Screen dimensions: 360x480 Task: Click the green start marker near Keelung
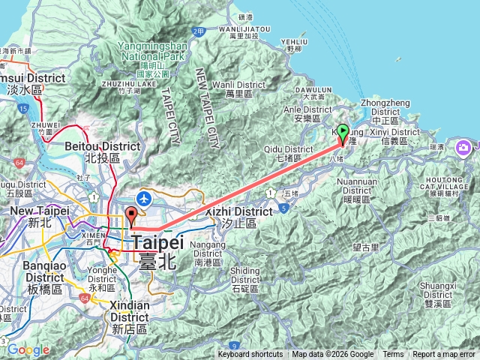(x=343, y=133)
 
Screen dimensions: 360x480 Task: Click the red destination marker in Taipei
(x=132, y=215)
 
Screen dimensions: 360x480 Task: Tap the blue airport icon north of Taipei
(x=144, y=198)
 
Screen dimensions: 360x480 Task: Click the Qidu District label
(x=282, y=154)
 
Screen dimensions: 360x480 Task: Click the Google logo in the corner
(x=28, y=349)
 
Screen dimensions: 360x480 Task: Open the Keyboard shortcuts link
(x=250, y=355)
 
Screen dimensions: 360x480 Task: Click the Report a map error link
(x=444, y=355)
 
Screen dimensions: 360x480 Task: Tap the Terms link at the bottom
(x=393, y=355)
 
